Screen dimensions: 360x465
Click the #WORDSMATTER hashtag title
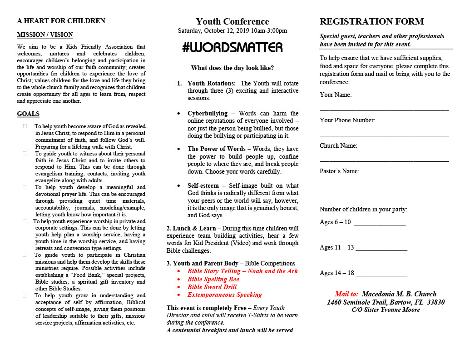232,48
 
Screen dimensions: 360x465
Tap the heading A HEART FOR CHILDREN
61,21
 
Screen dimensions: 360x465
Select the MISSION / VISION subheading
45,35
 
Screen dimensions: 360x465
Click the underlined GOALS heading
28,114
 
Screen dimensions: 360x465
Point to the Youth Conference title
232,22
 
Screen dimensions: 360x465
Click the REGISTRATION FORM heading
371,22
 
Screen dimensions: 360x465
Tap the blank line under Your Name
384,110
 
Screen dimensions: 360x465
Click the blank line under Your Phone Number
384,135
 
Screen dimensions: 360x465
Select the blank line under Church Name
384,160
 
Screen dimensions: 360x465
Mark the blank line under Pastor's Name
384,186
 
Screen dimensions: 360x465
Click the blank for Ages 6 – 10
380,224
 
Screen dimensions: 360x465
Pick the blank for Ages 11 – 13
381,250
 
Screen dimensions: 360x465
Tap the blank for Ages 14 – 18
381,275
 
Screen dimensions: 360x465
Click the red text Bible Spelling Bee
213,279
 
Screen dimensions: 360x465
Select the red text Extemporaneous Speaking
225,295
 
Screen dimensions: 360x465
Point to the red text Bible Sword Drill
213,287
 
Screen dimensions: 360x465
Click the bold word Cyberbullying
208,113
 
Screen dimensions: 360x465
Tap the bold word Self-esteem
203,185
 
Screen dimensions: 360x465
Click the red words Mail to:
346,294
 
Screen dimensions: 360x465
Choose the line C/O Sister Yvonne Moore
386,310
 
